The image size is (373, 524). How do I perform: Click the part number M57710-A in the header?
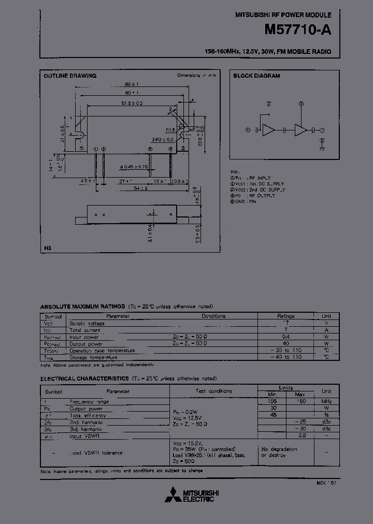297,30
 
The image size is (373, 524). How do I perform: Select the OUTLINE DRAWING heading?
70,76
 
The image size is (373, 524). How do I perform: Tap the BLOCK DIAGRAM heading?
256,76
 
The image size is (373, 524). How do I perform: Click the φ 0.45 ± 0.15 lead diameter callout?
134,166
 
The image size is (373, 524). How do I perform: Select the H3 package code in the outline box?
48,249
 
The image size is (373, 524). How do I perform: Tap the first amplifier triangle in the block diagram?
268,130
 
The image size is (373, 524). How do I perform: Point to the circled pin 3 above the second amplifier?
301,104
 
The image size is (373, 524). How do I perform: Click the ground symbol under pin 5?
322,148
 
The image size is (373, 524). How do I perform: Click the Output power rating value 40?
285,343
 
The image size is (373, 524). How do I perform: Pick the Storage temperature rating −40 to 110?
285,357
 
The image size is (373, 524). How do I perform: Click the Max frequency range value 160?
300,401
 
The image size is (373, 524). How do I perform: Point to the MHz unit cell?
326,401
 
